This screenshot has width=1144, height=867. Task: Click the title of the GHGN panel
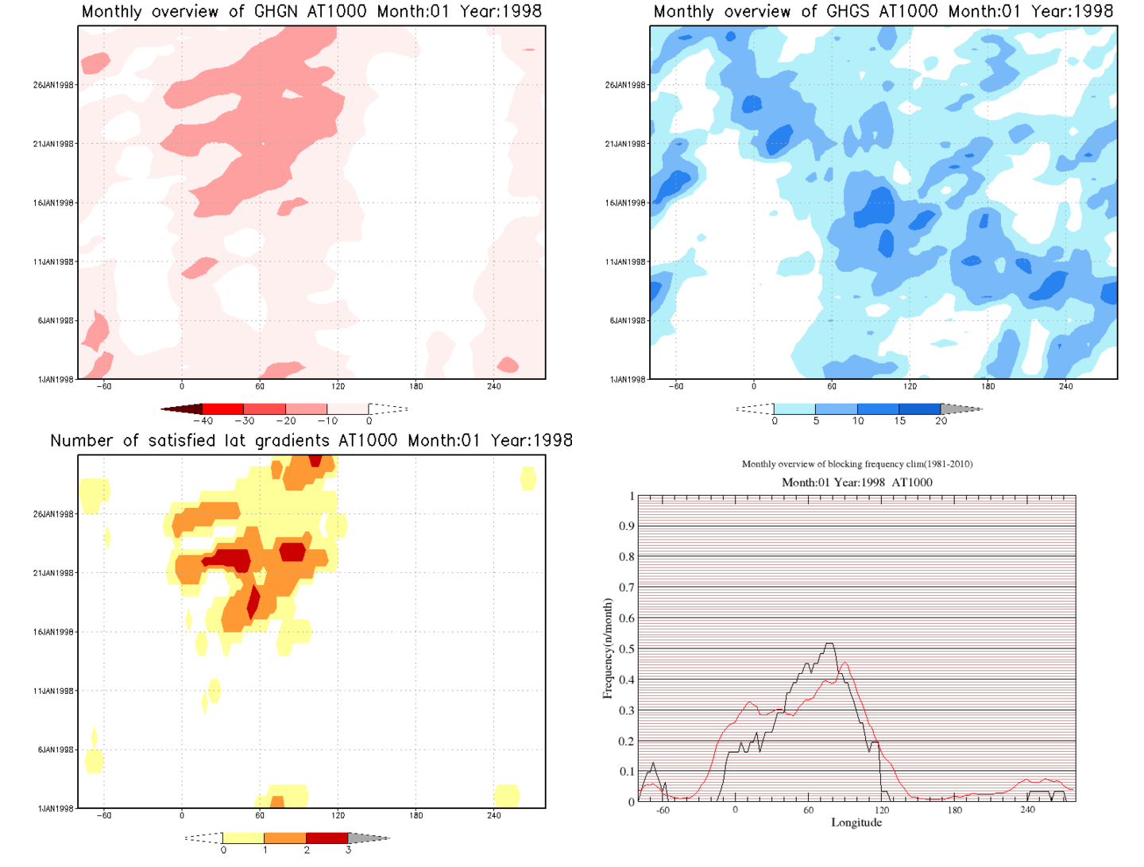pos(311,12)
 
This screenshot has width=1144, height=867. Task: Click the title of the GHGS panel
pos(883,12)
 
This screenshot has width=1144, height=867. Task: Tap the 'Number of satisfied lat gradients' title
pos(311,441)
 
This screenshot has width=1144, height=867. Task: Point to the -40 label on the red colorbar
pos(203,421)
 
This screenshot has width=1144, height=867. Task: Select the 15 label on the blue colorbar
pos(899,421)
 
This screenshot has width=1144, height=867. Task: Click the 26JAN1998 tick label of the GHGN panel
pos(53,85)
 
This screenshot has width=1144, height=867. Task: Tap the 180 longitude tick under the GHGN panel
pos(416,387)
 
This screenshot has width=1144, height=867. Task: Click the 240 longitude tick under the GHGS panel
pos(1065,387)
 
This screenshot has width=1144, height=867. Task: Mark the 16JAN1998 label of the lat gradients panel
pos(53,633)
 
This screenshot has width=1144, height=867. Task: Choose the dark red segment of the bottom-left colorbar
pos(327,838)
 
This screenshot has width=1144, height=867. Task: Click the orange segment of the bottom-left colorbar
pos(284,838)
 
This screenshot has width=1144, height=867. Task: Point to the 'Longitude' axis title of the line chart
pos(856,822)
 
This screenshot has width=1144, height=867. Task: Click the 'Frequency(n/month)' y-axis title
pos(608,648)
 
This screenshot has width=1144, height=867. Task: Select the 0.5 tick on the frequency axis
pos(627,649)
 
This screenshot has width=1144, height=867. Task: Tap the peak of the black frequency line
pos(829,644)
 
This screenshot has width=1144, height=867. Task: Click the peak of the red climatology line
pos(844,663)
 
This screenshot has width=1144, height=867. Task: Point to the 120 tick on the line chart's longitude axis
pos(882,811)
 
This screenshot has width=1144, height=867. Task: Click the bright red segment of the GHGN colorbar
pos(223,408)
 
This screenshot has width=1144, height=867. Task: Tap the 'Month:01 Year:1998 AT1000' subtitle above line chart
pos(856,482)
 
